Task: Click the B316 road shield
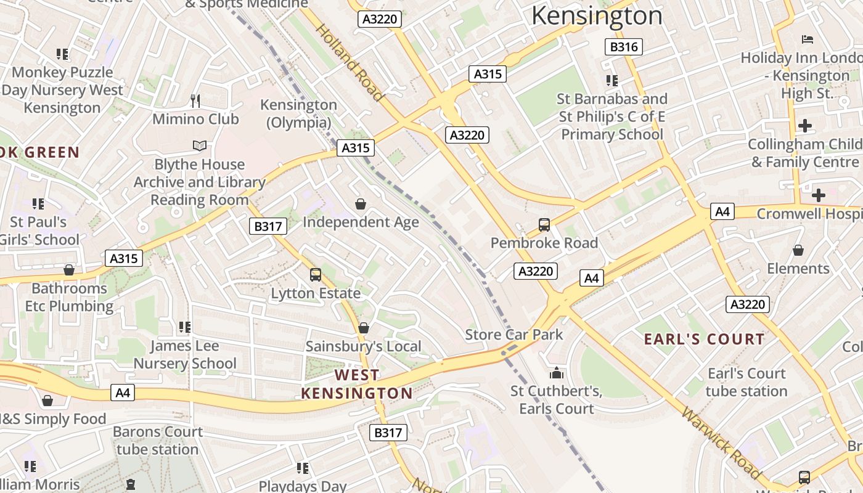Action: tap(624, 47)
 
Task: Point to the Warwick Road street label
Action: tap(721, 442)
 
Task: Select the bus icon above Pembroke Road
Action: tap(544, 225)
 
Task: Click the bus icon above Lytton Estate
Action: tap(316, 275)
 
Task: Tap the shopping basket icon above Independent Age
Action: tap(361, 204)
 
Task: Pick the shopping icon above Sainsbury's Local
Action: tap(364, 328)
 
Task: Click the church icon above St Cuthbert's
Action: tap(556, 373)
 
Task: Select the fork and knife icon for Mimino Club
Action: tap(195, 100)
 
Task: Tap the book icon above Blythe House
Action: tap(199, 146)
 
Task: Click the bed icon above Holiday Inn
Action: tap(808, 39)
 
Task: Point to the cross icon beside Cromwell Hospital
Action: tap(818, 196)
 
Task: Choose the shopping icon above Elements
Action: tap(798, 250)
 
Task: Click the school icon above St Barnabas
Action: tap(612, 81)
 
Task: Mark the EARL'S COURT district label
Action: tap(704, 339)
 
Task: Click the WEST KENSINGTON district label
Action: tap(357, 384)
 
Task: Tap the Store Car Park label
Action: tap(514, 335)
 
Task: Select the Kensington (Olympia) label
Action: tap(299, 113)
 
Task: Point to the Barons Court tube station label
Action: tap(157, 441)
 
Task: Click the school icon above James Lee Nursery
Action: tap(185, 327)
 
